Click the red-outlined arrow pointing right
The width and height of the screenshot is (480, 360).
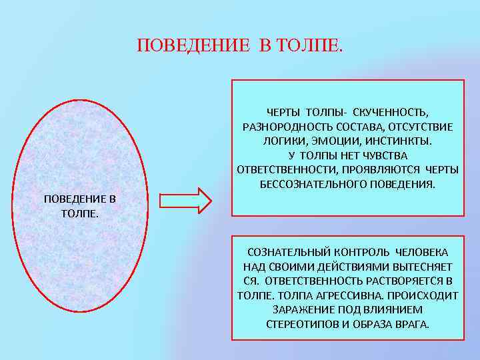pos(185,199)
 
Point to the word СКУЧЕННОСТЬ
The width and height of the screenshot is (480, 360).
pos(395,111)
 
